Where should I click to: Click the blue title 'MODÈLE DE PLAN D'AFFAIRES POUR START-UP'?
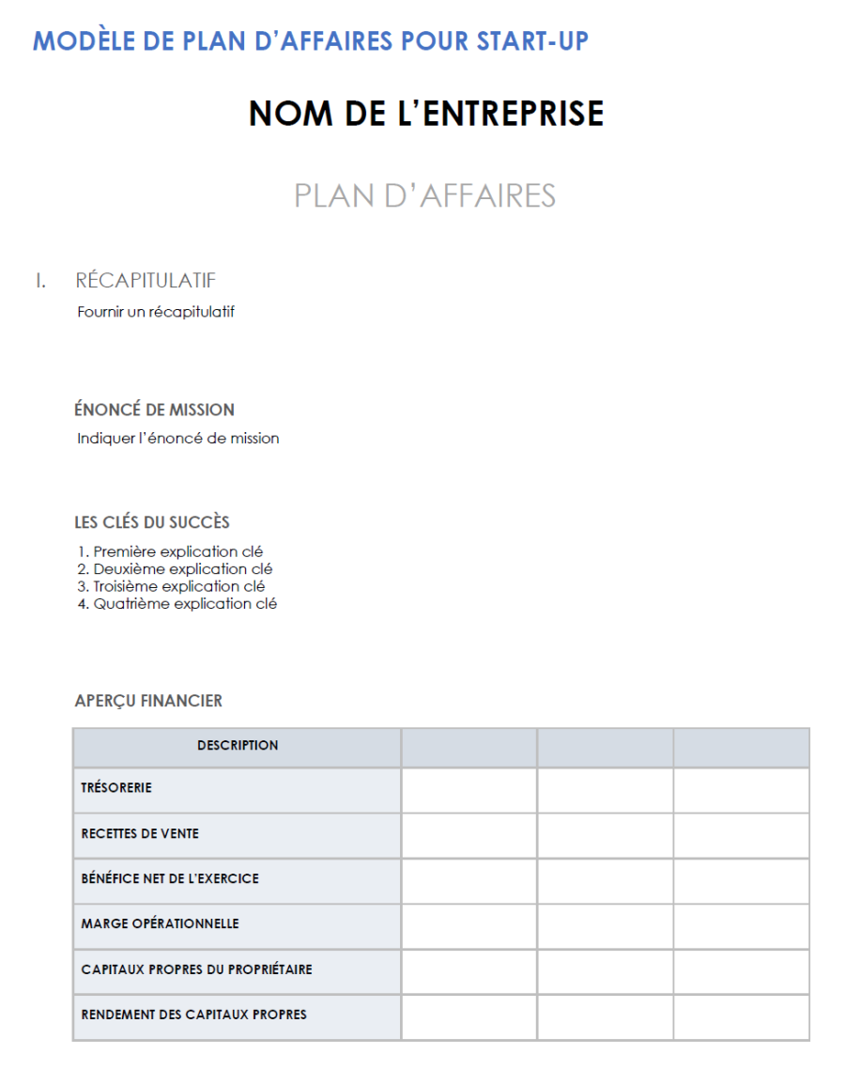coord(311,41)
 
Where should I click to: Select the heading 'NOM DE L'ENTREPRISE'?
coord(426,113)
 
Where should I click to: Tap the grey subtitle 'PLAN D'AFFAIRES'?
coord(424,195)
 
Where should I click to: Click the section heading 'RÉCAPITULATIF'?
coord(146,280)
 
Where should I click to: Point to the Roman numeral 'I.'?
coord(40,280)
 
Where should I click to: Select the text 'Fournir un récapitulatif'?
coord(155,312)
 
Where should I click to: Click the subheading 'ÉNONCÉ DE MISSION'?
coord(154,410)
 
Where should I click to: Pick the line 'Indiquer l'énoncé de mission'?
coord(177,438)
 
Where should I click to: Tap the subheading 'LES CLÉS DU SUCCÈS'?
coord(152,522)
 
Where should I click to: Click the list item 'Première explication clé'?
coord(177,551)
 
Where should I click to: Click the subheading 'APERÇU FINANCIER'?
coord(148,701)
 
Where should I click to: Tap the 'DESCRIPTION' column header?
coord(238,746)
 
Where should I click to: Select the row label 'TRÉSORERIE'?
coord(116,788)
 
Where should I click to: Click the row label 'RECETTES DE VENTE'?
coord(140,833)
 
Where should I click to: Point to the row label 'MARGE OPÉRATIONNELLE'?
coord(160,923)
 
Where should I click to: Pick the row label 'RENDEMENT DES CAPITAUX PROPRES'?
coord(193,1015)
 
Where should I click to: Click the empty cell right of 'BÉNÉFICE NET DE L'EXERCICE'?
coord(469,879)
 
